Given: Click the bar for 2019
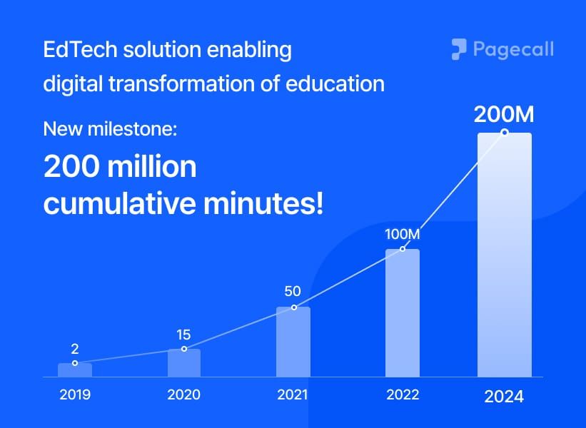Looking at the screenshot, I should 75,370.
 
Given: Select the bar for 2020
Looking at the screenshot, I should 184,362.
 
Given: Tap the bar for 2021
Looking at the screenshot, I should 293,342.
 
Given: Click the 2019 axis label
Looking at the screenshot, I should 75,394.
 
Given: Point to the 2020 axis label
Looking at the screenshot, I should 184,394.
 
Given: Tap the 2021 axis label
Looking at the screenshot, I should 293,394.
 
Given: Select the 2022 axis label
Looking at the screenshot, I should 403,394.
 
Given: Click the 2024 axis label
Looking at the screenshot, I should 504,397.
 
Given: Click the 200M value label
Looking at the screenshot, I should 505,115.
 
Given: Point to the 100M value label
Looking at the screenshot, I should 403,234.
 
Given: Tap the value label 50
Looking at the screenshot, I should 293,291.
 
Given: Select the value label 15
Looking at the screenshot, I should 184,334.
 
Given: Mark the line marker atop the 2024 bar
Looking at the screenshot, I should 505,132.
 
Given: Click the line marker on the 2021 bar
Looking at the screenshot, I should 293,307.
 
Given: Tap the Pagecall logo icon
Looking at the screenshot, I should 458,49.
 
